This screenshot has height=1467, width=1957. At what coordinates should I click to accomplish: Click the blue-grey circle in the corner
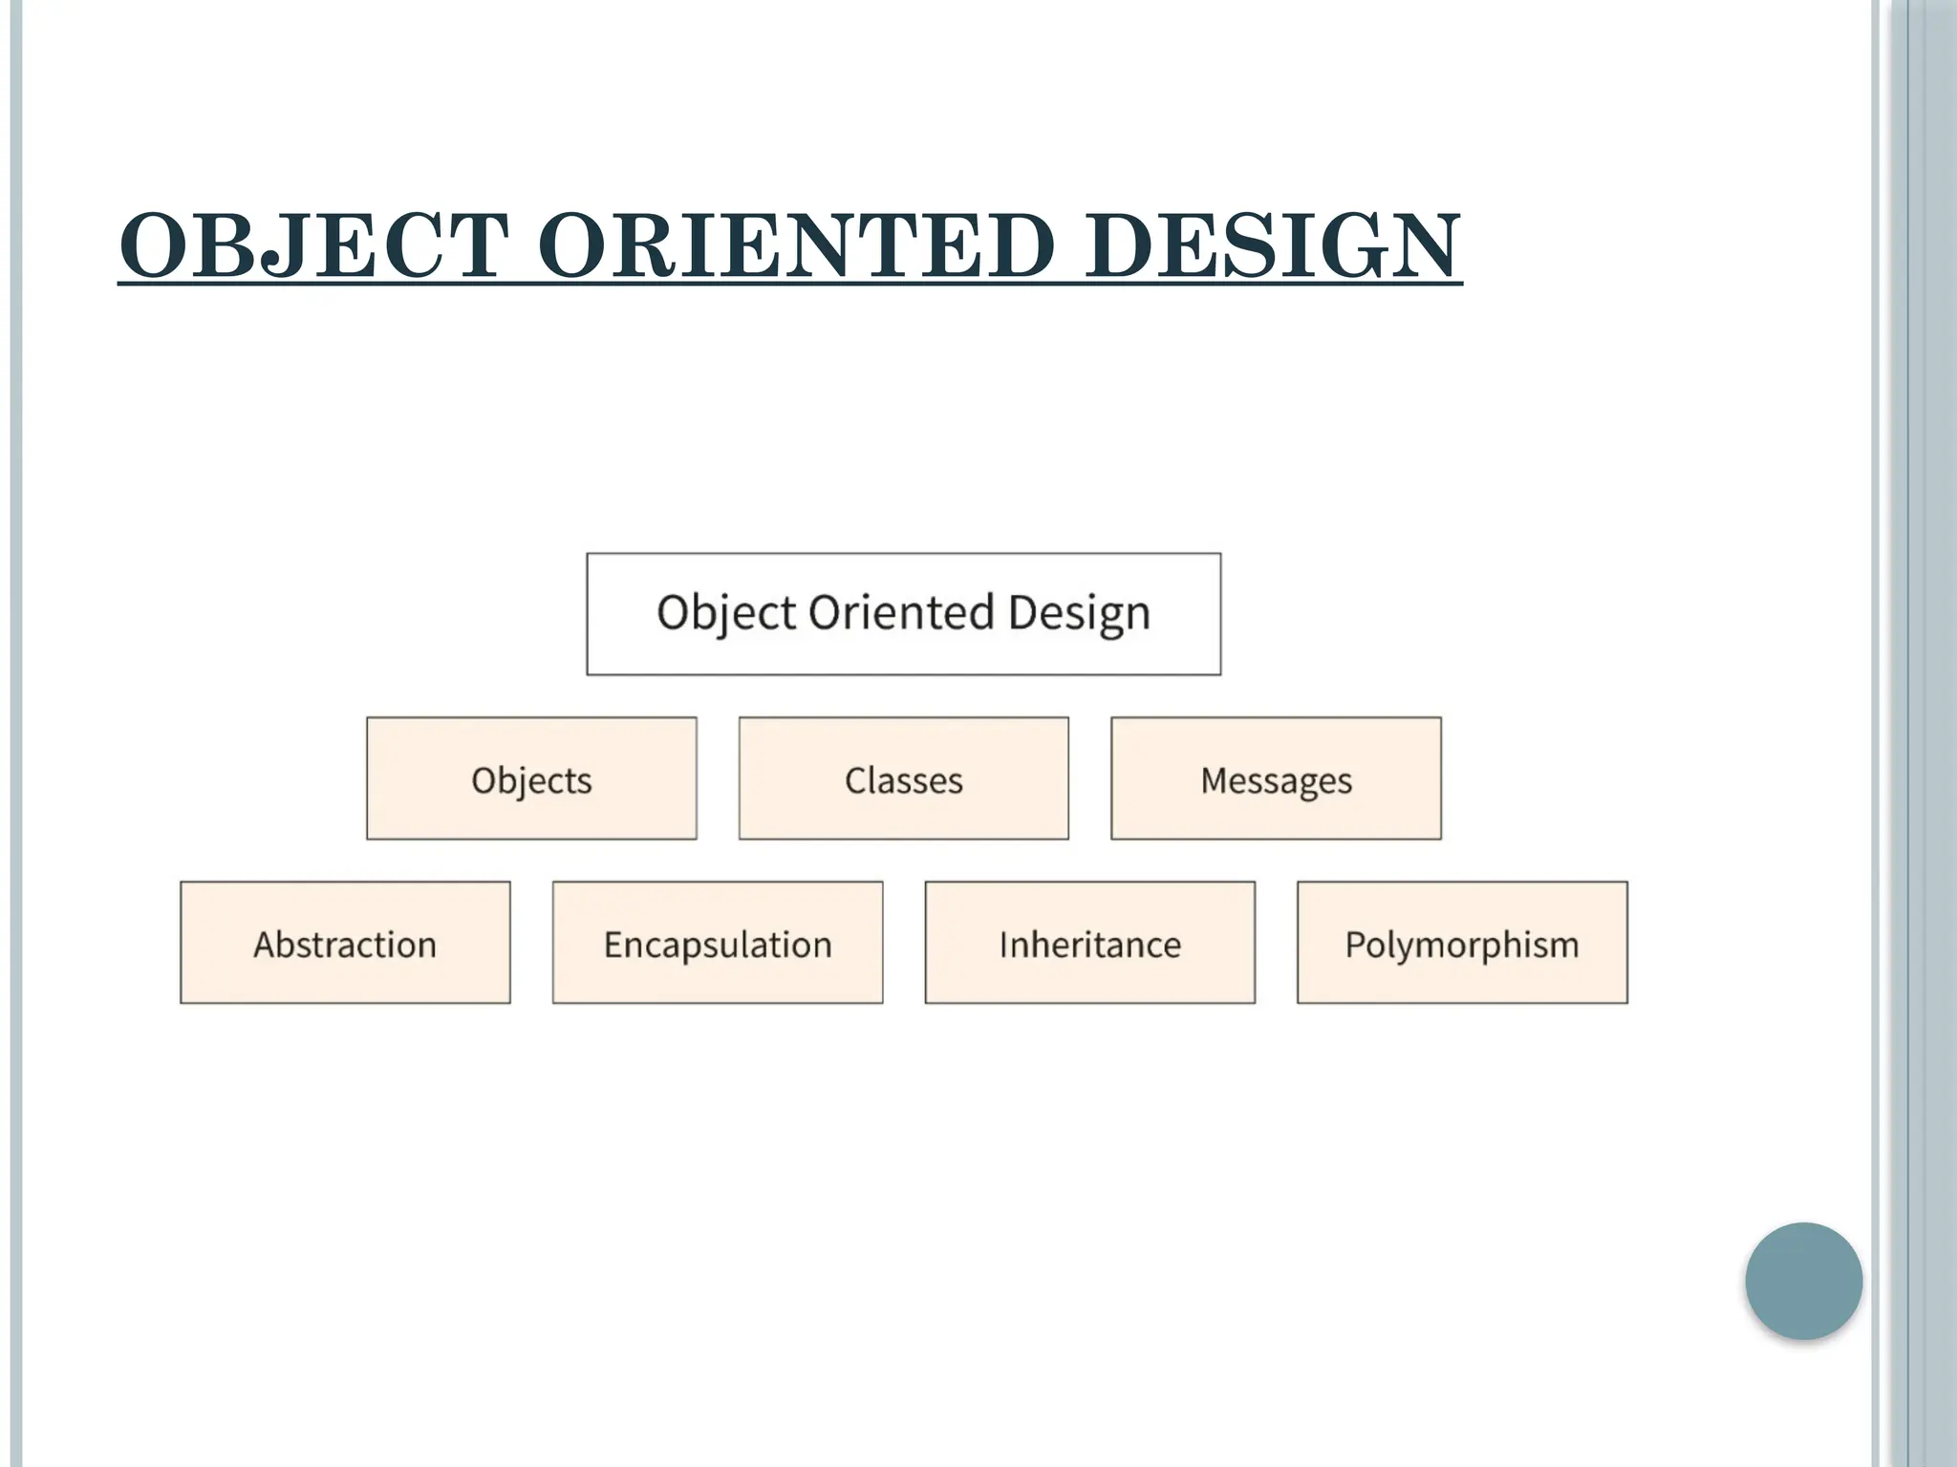pos(1803,1280)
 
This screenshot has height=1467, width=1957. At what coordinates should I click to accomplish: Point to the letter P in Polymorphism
pos(1355,945)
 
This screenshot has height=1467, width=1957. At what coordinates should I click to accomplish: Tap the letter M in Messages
pos(1215,780)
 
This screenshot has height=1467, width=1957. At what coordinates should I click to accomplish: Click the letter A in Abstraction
pos(265,945)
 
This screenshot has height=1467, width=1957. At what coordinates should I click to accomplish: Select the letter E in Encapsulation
pos(613,945)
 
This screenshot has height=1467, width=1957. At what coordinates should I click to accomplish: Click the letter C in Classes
pos(856,780)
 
